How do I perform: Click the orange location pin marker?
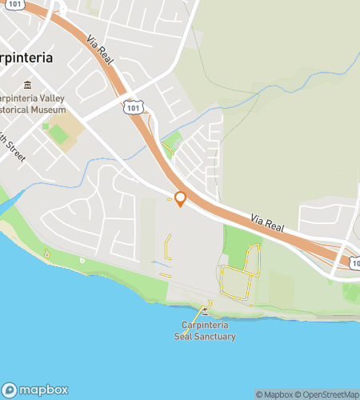coord(180,198)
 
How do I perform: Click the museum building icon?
coord(28,85)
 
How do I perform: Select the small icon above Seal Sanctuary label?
coord(205,310)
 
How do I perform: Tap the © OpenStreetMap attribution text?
coord(330,394)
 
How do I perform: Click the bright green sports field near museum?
coord(58,134)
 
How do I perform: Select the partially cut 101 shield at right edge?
coord(354,262)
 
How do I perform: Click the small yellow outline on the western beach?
coord(48,254)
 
